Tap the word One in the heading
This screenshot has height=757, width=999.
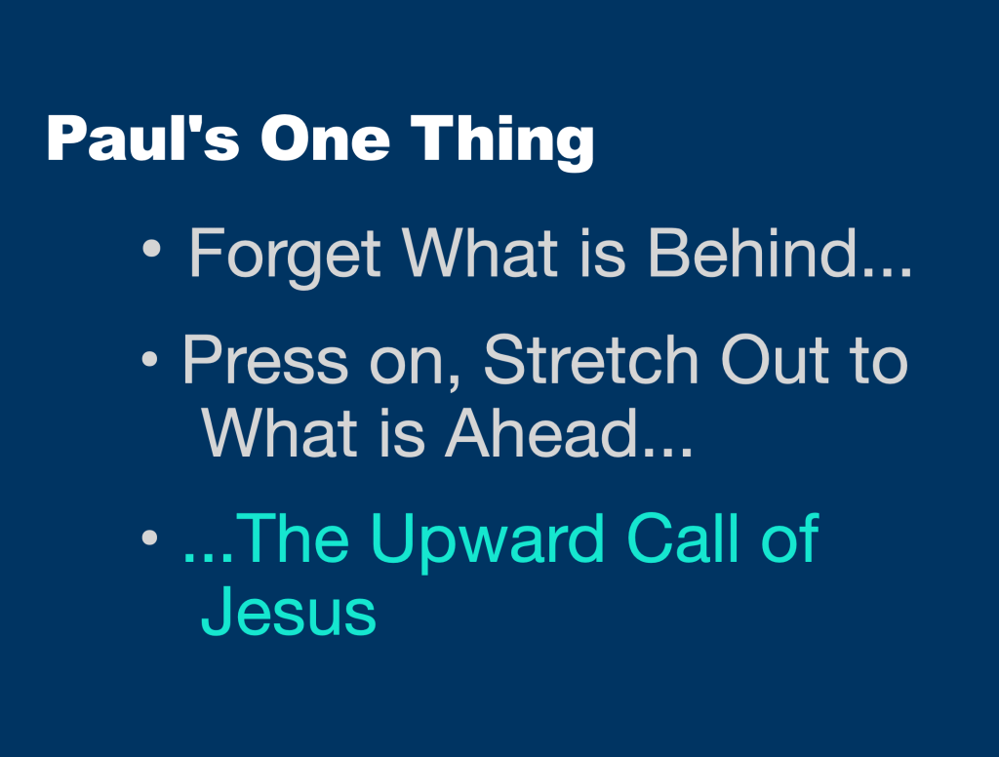click(x=324, y=139)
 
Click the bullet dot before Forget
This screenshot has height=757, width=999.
click(x=151, y=251)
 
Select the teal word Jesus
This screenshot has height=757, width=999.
click(x=289, y=612)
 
